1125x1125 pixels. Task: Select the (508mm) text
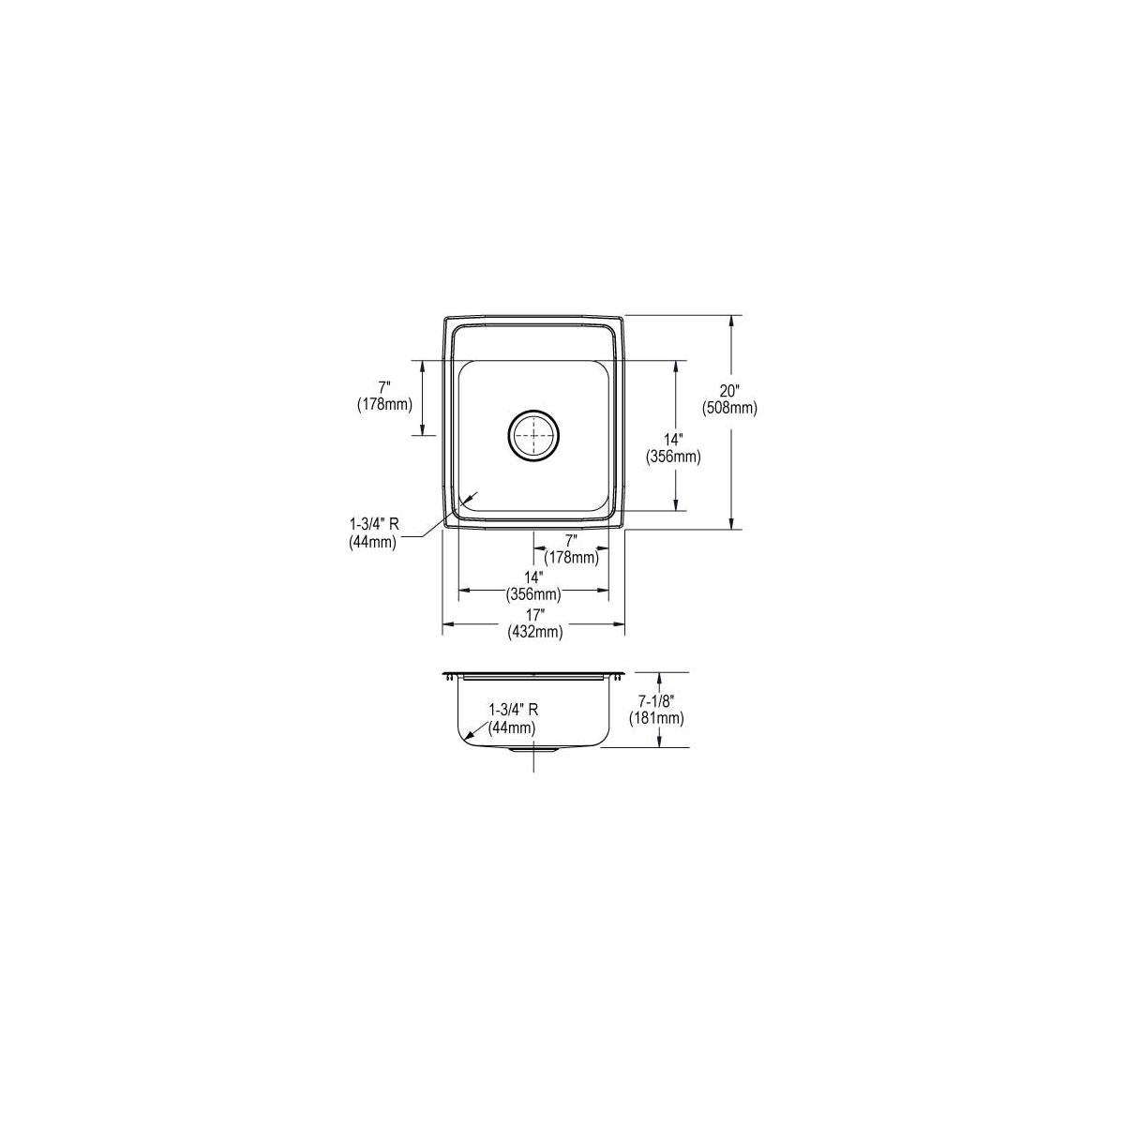pyautogui.click(x=729, y=409)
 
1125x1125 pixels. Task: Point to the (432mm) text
pyautogui.click(x=534, y=632)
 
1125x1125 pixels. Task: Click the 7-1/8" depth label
pyautogui.click(x=657, y=702)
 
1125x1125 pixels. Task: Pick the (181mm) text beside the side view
pyautogui.click(x=656, y=719)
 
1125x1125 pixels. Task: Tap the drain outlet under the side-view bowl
pyautogui.click(x=533, y=749)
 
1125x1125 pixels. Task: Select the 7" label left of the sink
pyautogui.click(x=384, y=386)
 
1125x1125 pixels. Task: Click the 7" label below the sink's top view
pyautogui.click(x=572, y=540)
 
